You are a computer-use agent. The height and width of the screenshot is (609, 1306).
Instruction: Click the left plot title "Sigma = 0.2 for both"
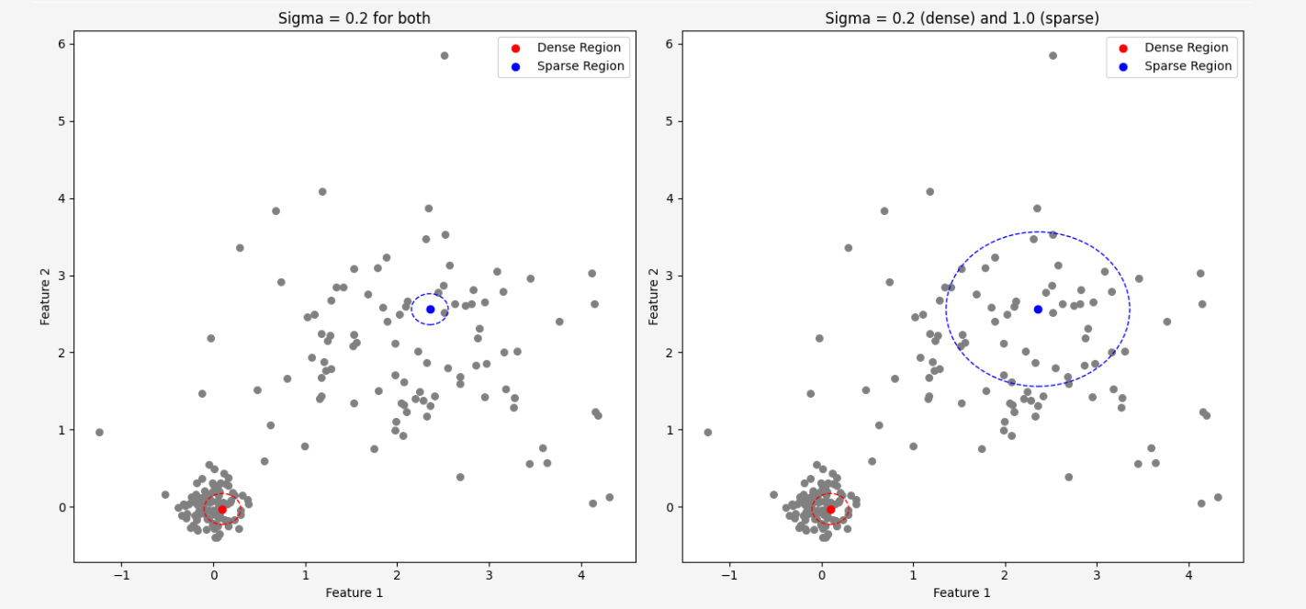pyautogui.click(x=354, y=18)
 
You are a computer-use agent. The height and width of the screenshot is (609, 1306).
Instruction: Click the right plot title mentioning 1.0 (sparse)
pyautogui.click(x=962, y=18)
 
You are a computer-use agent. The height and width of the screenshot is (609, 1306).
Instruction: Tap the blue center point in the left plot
pyautogui.click(x=430, y=309)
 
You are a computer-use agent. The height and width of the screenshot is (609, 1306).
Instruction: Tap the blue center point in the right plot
pyautogui.click(x=1038, y=309)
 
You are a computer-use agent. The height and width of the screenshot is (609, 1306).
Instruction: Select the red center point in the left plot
pyautogui.click(x=221, y=509)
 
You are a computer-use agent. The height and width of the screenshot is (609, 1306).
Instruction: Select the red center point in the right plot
pyautogui.click(x=830, y=509)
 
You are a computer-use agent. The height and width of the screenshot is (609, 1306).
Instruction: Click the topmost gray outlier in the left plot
pyautogui.click(x=445, y=55)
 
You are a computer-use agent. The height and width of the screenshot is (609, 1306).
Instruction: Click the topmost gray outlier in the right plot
pyautogui.click(x=1053, y=55)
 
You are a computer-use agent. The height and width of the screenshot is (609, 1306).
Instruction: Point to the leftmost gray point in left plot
pyautogui.click(x=99, y=432)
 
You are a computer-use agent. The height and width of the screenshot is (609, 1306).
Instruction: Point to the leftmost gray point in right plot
pyautogui.click(x=707, y=432)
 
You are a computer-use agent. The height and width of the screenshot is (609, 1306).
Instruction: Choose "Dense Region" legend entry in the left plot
pyautogui.click(x=579, y=48)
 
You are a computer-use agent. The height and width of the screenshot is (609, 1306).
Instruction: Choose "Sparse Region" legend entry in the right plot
pyautogui.click(x=1188, y=66)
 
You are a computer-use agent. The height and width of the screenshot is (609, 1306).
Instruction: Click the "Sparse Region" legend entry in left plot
pyautogui.click(x=580, y=66)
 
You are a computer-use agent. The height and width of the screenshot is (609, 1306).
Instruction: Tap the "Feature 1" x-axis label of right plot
pyautogui.click(x=962, y=592)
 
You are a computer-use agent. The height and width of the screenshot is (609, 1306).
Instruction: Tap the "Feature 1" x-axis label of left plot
pyautogui.click(x=354, y=592)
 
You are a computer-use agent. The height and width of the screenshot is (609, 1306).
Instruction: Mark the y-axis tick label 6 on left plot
pyautogui.click(x=60, y=44)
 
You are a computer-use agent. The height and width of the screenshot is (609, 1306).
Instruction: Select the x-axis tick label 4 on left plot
pyautogui.click(x=581, y=576)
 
